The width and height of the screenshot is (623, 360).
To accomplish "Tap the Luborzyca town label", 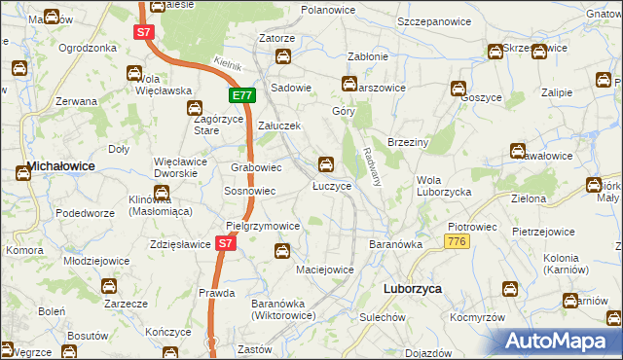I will pos(409,290).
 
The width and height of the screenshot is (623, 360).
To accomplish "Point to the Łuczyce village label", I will pos(332,185).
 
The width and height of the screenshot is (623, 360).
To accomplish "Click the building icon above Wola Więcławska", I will pos(134,73).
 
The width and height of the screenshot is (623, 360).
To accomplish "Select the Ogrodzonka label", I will pos(88,48).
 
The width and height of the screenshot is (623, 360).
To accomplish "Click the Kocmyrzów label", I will pos(477,318).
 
